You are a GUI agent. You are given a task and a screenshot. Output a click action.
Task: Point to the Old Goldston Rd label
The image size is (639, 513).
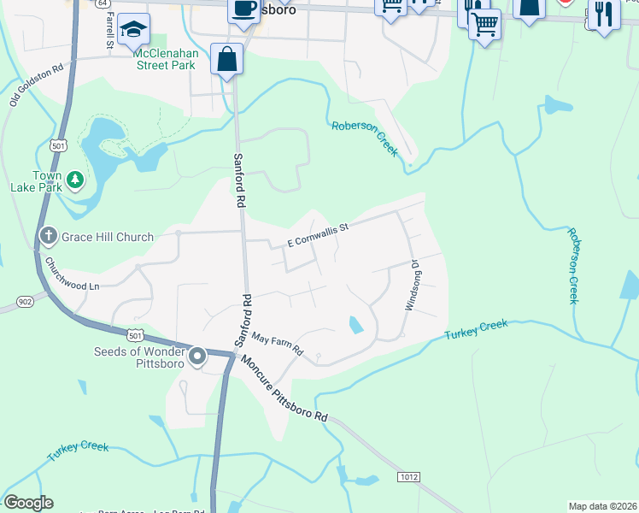[x=25, y=85]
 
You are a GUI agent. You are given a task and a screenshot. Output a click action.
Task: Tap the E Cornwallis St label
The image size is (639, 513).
[x=319, y=236]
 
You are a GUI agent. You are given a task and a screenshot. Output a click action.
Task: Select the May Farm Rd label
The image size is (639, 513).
[x=277, y=344]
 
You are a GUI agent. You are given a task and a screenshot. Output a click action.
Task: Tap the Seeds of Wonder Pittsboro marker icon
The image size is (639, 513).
[x=198, y=356]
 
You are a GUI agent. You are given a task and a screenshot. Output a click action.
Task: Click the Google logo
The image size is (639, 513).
[x=28, y=503]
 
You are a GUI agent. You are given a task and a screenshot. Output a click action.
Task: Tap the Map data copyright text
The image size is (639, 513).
[x=602, y=506]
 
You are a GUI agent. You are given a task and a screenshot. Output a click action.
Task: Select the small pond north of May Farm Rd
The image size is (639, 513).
[x=355, y=325]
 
